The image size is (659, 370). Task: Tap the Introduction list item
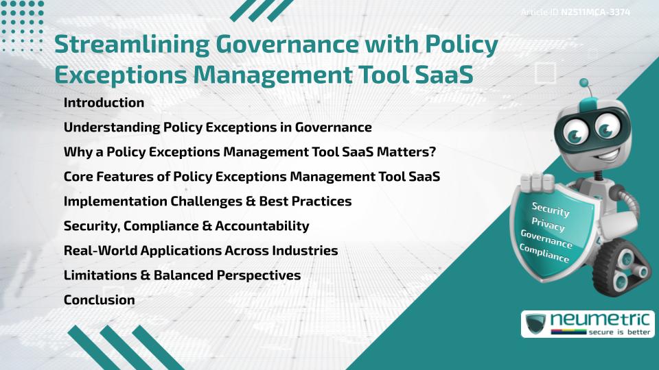click(104, 103)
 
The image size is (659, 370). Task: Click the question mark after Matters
click(433, 152)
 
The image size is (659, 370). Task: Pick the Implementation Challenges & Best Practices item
click(207, 201)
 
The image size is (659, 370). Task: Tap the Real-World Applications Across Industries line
click(200, 251)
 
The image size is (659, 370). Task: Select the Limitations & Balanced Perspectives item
click(182, 275)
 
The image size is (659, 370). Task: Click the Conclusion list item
click(99, 300)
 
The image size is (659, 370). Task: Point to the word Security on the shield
click(551, 210)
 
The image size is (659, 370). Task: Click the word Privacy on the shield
click(548, 225)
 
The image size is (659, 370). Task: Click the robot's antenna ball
click(584, 84)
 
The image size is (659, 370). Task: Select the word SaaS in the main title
click(444, 75)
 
